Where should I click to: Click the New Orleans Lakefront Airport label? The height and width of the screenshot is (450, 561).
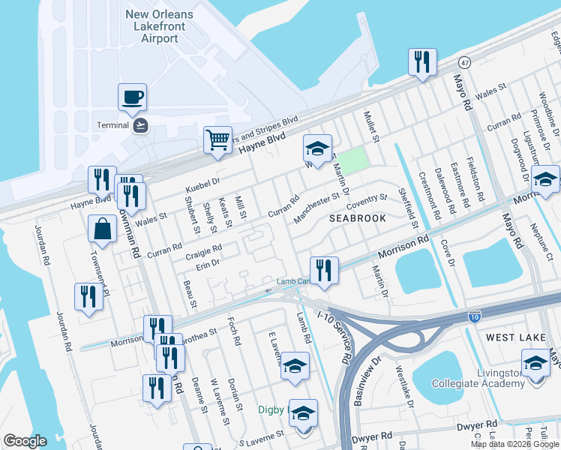pyautogui.click(x=160, y=26)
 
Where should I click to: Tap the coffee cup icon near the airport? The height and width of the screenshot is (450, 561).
pyautogui.click(x=132, y=97)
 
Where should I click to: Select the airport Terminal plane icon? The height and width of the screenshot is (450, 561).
pyautogui.click(x=140, y=124)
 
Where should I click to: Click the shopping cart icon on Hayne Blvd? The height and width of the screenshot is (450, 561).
pyautogui.click(x=217, y=139)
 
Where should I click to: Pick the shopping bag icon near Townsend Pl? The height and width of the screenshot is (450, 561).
pyautogui.click(x=101, y=229)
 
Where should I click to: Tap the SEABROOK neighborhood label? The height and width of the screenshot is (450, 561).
pyautogui.click(x=358, y=218)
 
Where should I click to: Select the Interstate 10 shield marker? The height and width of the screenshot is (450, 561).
pyautogui.click(x=474, y=316)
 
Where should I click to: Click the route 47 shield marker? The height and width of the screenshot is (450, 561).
pyautogui.click(x=465, y=64)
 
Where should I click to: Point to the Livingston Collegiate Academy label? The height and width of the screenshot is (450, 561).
pyautogui.click(x=478, y=378)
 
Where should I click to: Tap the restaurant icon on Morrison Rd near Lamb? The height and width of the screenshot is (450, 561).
pyautogui.click(x=324, y=271)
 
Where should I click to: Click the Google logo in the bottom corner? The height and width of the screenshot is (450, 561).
pyautogui.click(x=25, y=441)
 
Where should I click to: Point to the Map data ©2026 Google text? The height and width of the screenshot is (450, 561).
pyautogui.click(x=515, y=444)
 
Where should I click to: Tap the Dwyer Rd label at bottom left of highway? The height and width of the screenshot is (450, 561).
pyautogui.click(x=376, y=436)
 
